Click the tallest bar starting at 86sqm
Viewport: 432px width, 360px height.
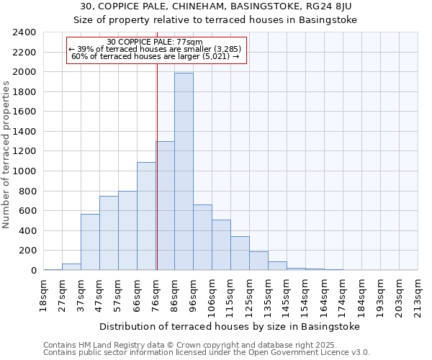point(184,171)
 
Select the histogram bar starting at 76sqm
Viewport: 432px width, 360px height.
point(166,206)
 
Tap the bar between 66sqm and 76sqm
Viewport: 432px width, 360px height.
point(146,216)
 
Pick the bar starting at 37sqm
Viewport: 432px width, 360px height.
point(90,242)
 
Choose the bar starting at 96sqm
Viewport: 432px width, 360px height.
point(202,238)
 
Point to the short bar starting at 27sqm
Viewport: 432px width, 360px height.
point(71,266)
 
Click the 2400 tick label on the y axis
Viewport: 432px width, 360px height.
point(24,32)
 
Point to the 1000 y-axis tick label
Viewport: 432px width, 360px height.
point(24,171)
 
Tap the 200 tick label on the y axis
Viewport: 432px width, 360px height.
point(27,251)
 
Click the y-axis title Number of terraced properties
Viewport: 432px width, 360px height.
point(6,155)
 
